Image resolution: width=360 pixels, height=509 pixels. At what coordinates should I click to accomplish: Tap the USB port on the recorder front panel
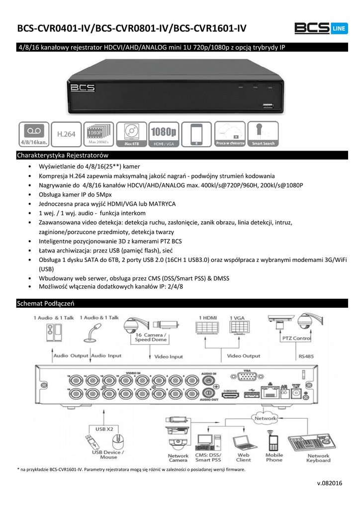(x=268, y=106)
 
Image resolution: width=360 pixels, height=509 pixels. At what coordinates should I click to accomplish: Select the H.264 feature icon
(x=66, y=134)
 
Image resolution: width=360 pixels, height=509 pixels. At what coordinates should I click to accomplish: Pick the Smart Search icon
(x=263, y=134)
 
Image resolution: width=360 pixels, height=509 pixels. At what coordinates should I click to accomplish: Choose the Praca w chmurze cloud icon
(x=230, y=134)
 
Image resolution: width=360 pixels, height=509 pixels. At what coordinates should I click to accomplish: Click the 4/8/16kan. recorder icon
(x=34, y=134)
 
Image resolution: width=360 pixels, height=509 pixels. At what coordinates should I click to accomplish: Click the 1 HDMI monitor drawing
(x=207, y=330)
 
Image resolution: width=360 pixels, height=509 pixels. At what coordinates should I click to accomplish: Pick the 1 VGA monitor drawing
(x=239, y=330)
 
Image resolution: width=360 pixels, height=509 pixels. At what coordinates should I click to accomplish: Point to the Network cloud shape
(x=266, y=419)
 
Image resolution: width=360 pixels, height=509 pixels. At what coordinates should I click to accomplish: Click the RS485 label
(x=307, y=356)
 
